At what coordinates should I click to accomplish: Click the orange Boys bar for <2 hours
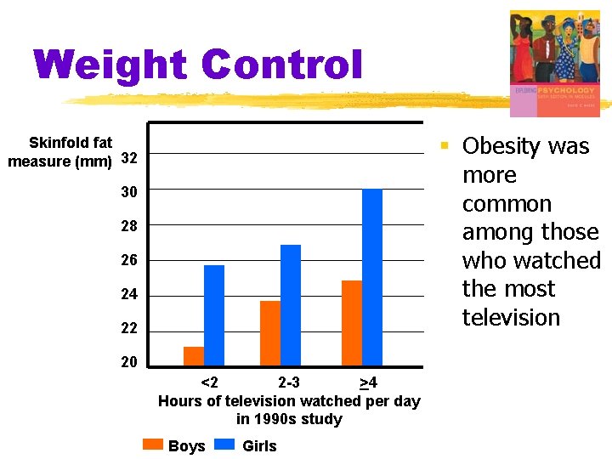tap(194, 356)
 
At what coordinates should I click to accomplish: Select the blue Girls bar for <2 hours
tap(214, 315)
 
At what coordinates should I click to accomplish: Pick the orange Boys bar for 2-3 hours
tap(270, 333)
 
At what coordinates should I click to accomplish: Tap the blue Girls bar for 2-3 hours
tap(291, 305)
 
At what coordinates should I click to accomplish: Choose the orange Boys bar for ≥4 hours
tap(352, 323)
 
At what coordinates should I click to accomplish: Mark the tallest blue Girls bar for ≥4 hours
tap(372, 277)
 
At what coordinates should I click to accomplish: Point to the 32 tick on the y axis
tap(129, 159)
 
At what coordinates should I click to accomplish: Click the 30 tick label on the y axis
tap(129, 193)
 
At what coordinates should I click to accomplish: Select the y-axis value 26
tap(129, 261)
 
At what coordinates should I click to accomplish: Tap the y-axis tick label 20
tap(129, 363)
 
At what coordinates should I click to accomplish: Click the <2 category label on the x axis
tap(208, 382)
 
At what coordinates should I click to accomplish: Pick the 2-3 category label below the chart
tap(289, 382)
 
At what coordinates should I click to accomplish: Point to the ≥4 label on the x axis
tap(369, 382)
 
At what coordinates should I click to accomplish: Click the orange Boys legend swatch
tap(153, 444)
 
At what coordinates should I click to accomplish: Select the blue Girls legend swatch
tap(225, 444)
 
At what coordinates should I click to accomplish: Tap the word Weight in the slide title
tap(111, 66)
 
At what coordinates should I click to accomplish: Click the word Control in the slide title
tap(282, 66)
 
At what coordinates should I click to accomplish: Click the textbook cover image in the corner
tap(554, 64)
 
